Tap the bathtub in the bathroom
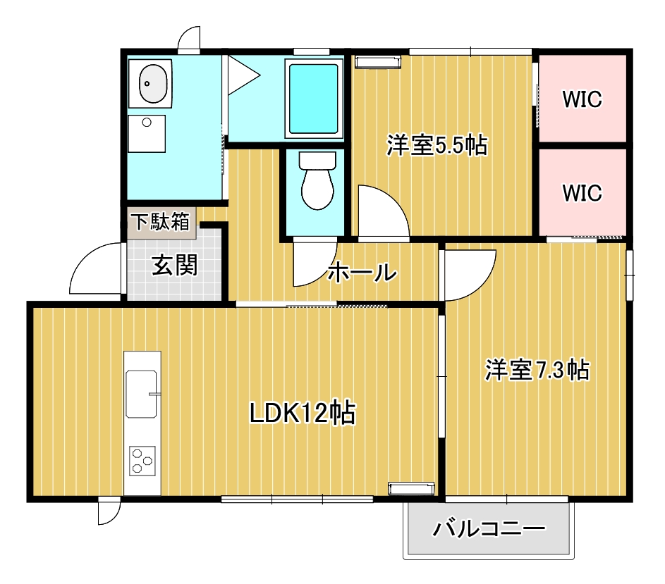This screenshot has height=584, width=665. click(x=314, y=99)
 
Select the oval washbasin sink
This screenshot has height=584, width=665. click(x=153, y=84)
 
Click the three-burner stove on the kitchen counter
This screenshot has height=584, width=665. click(x=142, y=461)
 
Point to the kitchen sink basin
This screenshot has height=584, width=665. click(x=141, y=394)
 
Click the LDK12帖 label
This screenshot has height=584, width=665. click(x=303, y=412)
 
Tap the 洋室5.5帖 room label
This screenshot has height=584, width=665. click(x=437, y=145)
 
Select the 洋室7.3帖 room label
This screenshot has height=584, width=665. click(x=537, y=370)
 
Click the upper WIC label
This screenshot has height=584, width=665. click(x=582, y=99)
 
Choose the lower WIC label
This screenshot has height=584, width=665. click(x=582, y=193)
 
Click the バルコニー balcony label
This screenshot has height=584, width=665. click(x=489, y=529)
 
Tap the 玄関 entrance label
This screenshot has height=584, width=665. click(x=175, y=265)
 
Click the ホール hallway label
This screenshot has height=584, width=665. click(x=362, y=272)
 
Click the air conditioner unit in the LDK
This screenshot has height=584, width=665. click(x=411, y=489)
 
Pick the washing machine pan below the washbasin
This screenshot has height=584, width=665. click(x=147, y=134)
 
